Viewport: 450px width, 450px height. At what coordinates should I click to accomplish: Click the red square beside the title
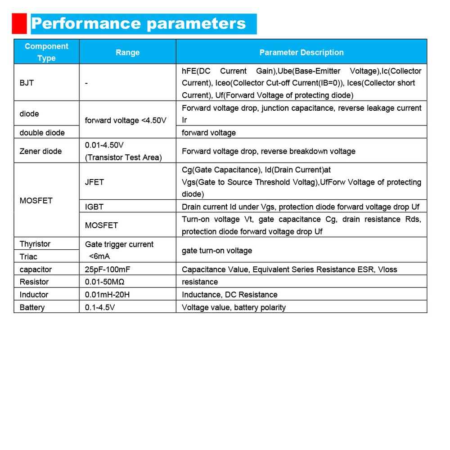click(19, 24)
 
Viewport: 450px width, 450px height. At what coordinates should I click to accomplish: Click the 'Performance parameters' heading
click(139, 23)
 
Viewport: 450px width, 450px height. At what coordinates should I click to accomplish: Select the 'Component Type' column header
click(46, 52)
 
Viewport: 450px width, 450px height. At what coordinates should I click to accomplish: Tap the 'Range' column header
click(127, 52)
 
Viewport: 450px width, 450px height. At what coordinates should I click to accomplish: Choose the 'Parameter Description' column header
click(301, 52)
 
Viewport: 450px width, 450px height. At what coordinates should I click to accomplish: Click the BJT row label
click(27, 83)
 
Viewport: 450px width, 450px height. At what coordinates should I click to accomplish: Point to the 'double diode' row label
click(42, 132)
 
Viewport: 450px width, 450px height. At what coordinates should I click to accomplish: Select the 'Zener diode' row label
click(40, 151)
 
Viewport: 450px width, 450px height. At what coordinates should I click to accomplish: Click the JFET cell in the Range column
click(94, 182)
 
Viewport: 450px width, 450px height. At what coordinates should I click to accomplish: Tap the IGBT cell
click(94, 207)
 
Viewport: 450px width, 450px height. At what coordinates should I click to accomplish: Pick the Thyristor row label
click(35, 244)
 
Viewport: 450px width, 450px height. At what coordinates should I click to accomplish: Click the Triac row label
click(28, 256)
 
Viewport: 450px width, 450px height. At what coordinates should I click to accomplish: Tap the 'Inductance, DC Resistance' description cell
click(229, 294)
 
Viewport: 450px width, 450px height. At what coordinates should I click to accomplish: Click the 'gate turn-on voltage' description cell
click(217, 250)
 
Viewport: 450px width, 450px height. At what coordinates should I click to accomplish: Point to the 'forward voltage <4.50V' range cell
click(126, 120)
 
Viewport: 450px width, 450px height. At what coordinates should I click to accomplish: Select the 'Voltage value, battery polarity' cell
click(234, 307)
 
